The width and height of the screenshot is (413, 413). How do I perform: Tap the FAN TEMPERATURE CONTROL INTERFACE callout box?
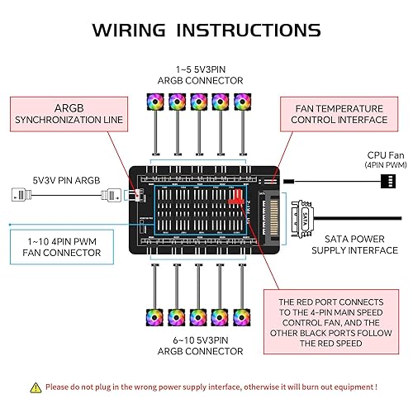point(340,113)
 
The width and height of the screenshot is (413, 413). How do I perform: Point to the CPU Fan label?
point(385,159)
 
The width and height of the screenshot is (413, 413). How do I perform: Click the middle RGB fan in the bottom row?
point(198,317)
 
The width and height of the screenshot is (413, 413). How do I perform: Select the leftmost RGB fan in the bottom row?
point(154,317)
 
